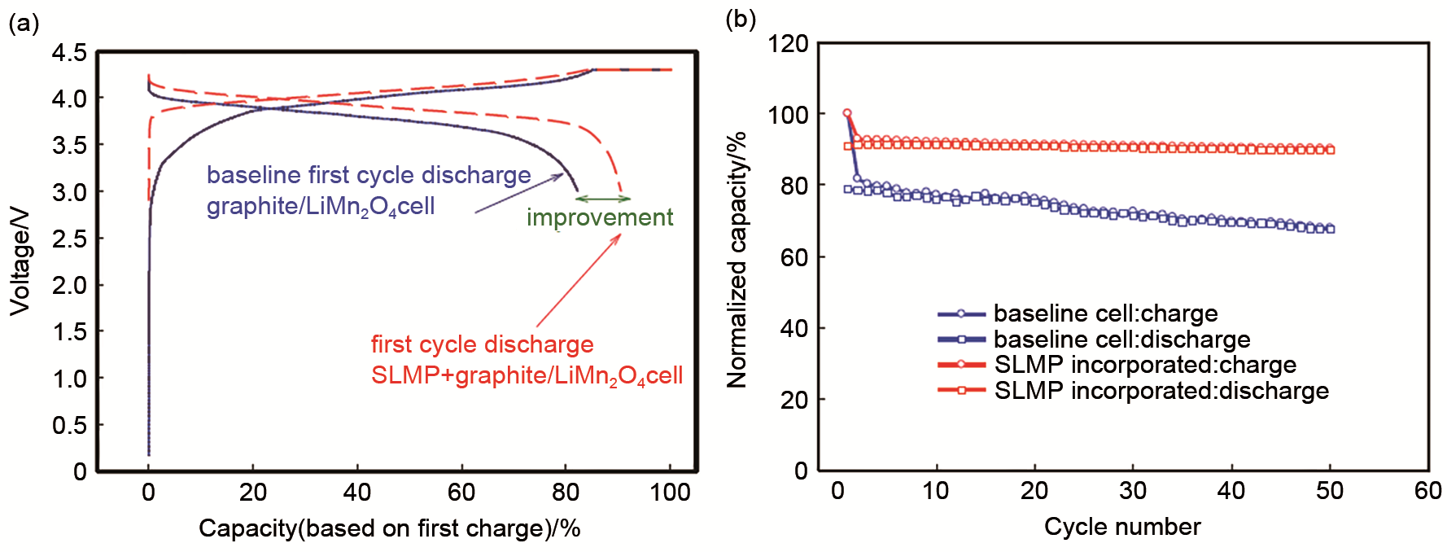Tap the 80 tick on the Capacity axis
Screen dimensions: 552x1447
pos(566,492)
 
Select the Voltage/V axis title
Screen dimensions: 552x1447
pos(20,261)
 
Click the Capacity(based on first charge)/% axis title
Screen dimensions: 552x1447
pos(389,528)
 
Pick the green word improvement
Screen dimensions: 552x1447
pos(600,217)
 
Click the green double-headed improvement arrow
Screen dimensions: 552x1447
pos(602,199)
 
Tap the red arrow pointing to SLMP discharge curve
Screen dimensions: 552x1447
pos(579,281)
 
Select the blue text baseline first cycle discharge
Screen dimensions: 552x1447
pos(369,175)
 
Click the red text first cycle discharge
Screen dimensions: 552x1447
pos(482,344)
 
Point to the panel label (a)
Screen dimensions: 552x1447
pos(24,23)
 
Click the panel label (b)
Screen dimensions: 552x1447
pos(740,19)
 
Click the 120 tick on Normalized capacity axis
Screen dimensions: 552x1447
pos(788,43)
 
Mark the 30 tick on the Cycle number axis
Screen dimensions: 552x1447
pos(1133,491)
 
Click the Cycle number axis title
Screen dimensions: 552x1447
pos(1122,527)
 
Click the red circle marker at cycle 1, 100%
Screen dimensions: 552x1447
pos(847,113)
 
